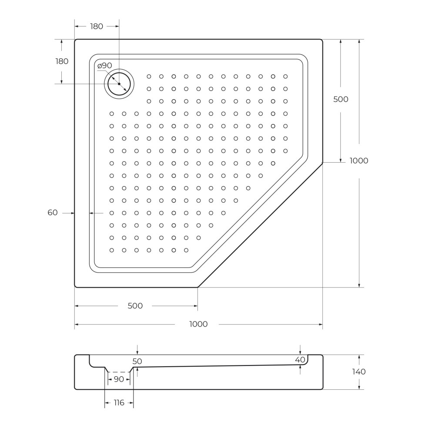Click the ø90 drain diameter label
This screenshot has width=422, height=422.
tap(104, 66)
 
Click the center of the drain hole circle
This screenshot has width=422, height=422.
tap(119, 84)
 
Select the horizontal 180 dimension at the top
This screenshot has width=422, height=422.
tap(97, 27)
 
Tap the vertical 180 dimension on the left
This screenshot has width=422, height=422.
tap(62, 61)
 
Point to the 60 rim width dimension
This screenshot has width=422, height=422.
tap(53, 213)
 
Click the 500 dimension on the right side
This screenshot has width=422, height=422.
tap(341, 99)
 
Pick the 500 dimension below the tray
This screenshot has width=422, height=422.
tap(135, 306)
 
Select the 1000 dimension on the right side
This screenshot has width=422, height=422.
tap(359, 161)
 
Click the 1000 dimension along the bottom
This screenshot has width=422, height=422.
tap(198, 324)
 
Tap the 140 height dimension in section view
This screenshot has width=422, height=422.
tap(359, 372)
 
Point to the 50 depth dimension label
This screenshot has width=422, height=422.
tap(137, 362)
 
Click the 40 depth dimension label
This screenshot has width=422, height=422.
tap(300, 360)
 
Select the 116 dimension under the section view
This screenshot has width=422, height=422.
tap(119, 403)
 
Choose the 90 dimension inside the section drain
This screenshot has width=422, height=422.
tap(118, 379)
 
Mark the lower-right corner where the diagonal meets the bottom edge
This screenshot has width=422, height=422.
tap(198, 287)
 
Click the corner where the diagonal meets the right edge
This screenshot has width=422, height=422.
tap(322, 163)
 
